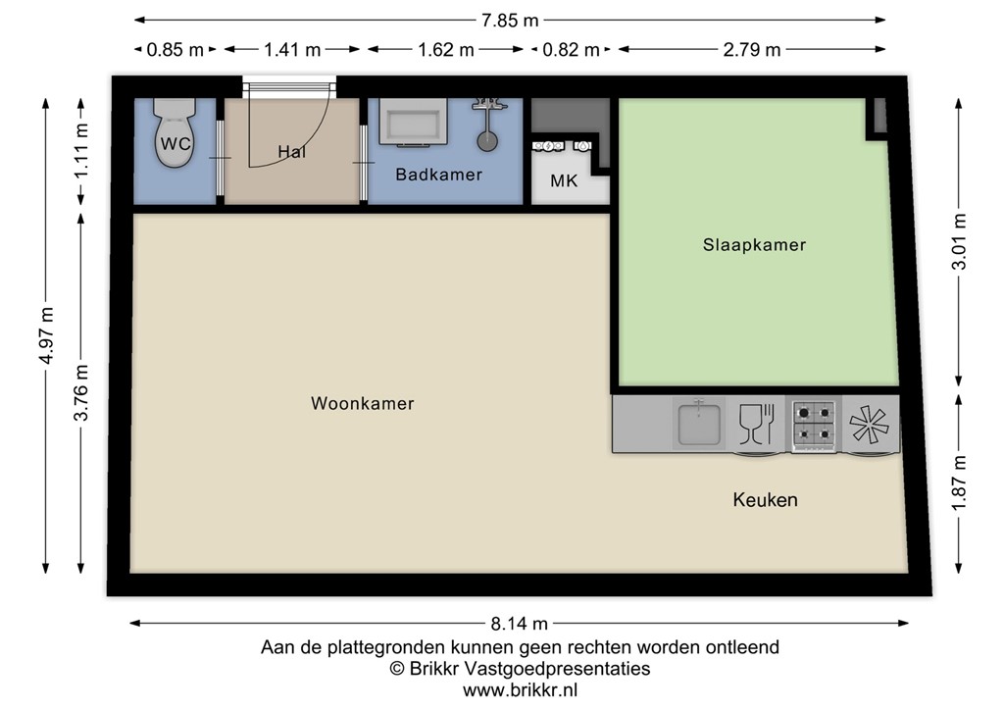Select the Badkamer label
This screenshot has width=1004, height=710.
pos(438,175)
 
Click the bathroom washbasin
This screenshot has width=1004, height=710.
pos(413,124)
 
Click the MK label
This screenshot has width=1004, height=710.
pos(564,181)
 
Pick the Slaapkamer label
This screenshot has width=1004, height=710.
pos(754,245)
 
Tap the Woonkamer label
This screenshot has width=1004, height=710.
pos(362,403)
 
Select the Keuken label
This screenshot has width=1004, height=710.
pos(765,500)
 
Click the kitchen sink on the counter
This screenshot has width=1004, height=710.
pos(699,423)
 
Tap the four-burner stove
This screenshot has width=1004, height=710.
pos(815,424)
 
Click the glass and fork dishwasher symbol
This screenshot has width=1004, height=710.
pos(756,424)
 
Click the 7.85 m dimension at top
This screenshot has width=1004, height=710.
pos(510,20)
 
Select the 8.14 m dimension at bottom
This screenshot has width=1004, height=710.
pos(519,623)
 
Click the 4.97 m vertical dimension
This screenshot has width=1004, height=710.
pos(46,335)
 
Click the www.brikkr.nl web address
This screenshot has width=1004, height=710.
pos(520,690)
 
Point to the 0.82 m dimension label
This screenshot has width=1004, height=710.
pos(571,50)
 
